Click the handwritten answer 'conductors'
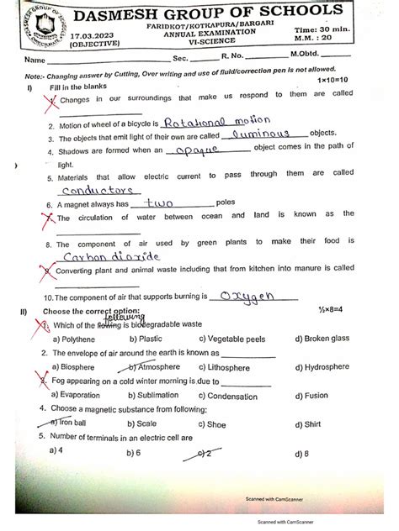pos(94,190)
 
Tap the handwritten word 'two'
pos(165,202)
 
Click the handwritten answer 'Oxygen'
pos(262,296)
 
